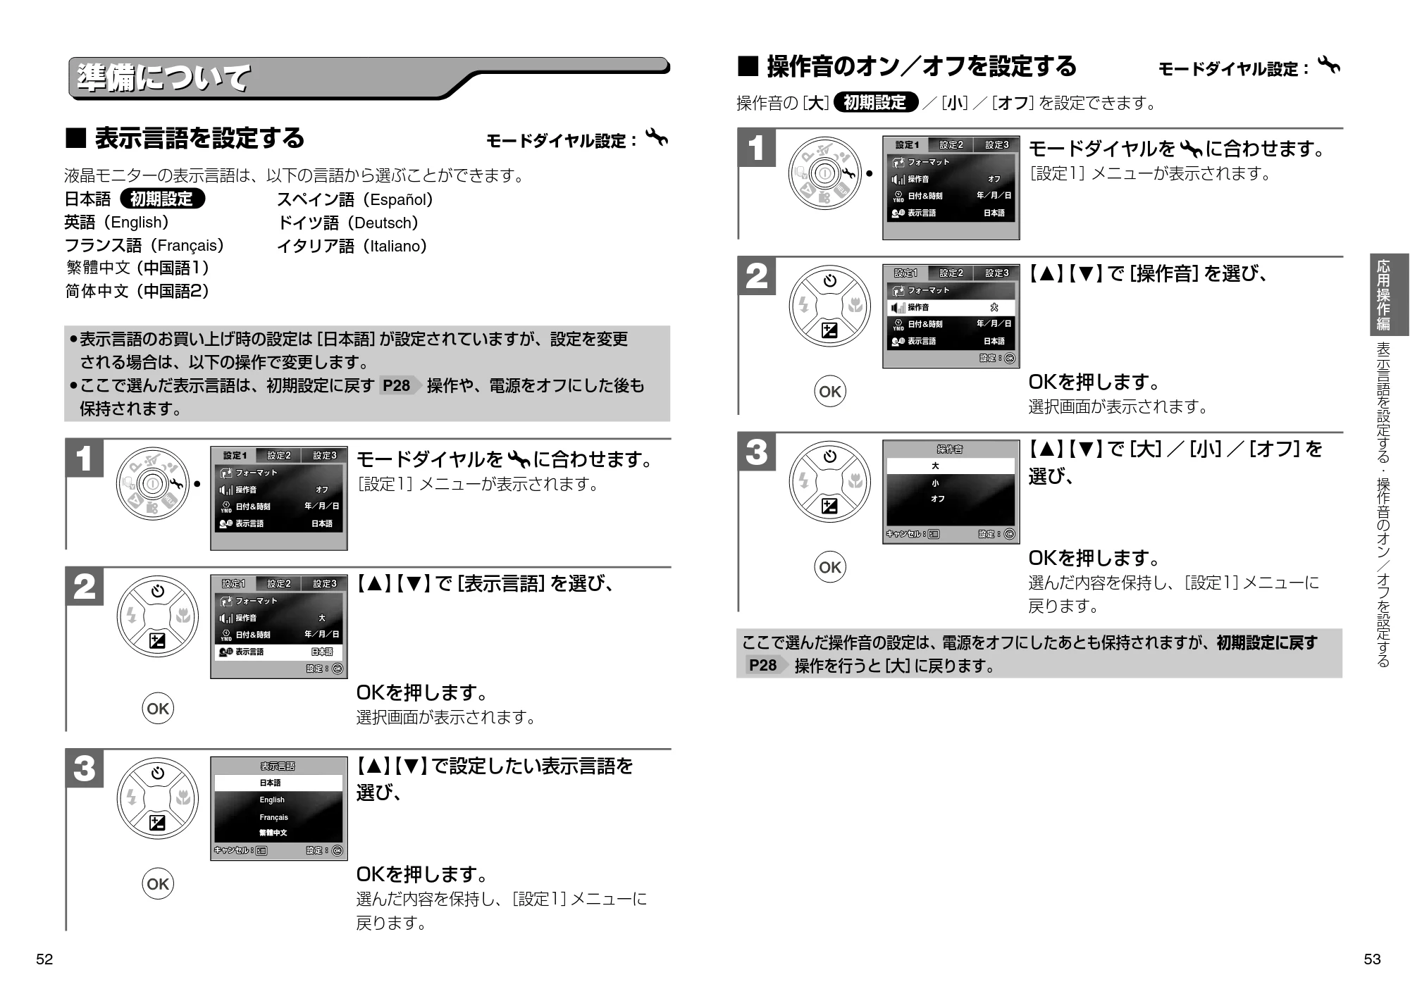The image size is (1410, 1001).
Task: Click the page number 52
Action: click(x=44, y=959)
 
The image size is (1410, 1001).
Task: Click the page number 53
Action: click(x=1372, y=959)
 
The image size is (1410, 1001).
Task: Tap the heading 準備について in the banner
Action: click(x=163, y=77)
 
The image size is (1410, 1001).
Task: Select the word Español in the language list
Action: click(x=401, y=200)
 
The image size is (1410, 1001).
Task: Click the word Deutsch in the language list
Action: click(x=386, y=223)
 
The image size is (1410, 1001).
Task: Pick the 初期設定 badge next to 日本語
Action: click(x=162, y=199)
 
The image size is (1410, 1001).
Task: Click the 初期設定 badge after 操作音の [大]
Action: click(x=876, y=103)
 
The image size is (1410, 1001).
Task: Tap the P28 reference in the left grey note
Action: click(x=397, y=386)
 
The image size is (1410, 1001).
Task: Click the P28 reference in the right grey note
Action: click(x=764, y=665)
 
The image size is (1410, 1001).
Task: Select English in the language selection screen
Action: click(x=272, y=800)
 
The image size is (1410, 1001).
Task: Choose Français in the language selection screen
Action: click(x=273, y=817)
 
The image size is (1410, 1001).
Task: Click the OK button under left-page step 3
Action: click(x=158, y=884)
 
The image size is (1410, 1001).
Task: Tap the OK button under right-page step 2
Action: click(x=830, y=392)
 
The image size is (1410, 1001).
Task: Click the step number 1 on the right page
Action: click(x=757, y=148)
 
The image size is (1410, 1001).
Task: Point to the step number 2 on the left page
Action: click(x=85, y=587)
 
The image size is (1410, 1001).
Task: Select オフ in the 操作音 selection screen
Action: click(x=937, y=499)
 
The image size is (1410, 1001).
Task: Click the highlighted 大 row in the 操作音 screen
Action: click(x=951, y=466)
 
